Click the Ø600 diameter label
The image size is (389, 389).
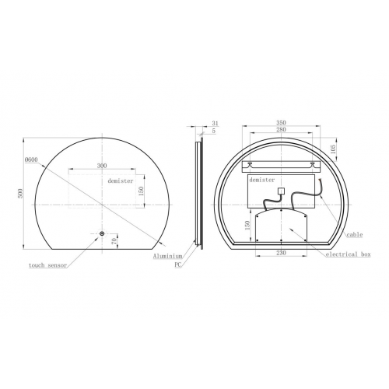pos(31,160)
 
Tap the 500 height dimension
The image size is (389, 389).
pos(20,193)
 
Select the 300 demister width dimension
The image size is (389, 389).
pos(102,166)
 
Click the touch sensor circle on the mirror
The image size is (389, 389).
pos(102,233)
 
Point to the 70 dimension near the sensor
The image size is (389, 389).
pos(114,241)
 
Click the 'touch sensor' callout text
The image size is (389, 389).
pos(47,265)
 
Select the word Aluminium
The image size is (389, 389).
pos(167,256)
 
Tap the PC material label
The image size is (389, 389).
pos(178,265)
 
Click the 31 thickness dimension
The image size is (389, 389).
pos(216,123)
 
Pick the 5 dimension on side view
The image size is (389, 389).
pos(214,131)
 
